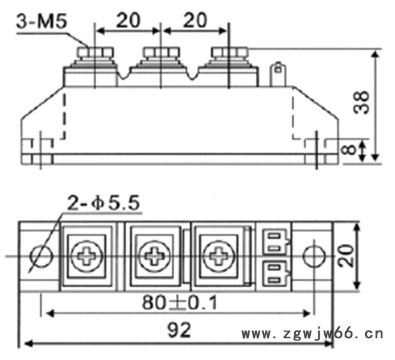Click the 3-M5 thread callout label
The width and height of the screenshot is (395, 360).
pos(42,22)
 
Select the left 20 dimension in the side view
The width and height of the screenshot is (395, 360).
pos(128,20)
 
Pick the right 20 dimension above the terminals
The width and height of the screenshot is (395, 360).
pos(195,20)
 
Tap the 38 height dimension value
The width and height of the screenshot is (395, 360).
pos(361,103)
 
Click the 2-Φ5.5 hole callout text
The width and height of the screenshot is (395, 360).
pos(103,203)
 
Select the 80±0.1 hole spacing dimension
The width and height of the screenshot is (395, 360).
pos(179,303)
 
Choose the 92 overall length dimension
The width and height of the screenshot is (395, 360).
pos(179,330)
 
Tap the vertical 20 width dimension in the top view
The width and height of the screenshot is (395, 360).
pos(345,255)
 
